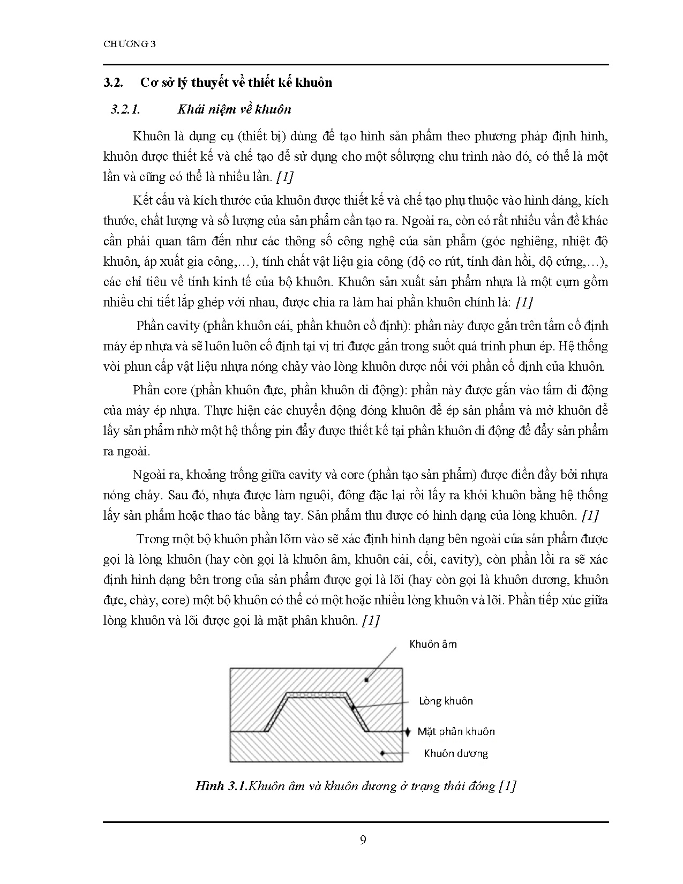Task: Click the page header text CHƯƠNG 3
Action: (x=129, y=44)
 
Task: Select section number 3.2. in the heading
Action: (x=113, y=83)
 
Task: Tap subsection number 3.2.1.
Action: (x=125, y=109)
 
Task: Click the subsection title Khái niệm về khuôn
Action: (x=234, y=109)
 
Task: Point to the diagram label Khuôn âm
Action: (x=433, y=644)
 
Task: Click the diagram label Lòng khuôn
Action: (x=446, y=701)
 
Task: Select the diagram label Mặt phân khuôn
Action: (x=456, y=731)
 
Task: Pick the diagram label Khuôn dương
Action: (x=456, y=753)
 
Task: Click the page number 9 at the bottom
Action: (x=363, y=840)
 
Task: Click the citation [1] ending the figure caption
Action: (x=507, y=786)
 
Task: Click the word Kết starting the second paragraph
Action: (x=142, y=200)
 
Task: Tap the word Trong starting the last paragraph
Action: (x=153, y=539)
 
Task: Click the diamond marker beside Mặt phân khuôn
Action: (x=407, y=731)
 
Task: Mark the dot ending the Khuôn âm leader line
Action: (x=366, y=680)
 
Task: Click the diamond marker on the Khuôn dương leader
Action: (x=382, y=753)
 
